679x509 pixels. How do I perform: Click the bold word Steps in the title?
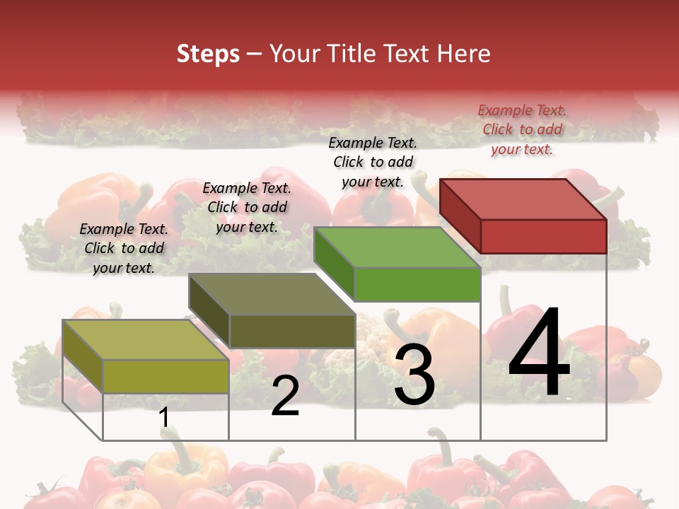point(208,54)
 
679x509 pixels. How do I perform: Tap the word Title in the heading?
point(353,54)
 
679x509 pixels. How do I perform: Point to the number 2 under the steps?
point(285,395)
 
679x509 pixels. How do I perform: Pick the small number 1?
point(164,417)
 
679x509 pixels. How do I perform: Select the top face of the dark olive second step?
point(272,294)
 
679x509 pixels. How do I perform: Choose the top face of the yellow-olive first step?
point(146,340)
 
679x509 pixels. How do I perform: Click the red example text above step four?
point(522,129)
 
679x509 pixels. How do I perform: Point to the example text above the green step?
point(373,162)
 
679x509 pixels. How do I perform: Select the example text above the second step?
point(247,207)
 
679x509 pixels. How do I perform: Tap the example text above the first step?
point(124,248)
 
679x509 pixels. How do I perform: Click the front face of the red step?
point(543,236)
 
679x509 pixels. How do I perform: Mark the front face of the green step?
point(417,284)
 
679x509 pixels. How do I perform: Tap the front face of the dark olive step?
point(292,331)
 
